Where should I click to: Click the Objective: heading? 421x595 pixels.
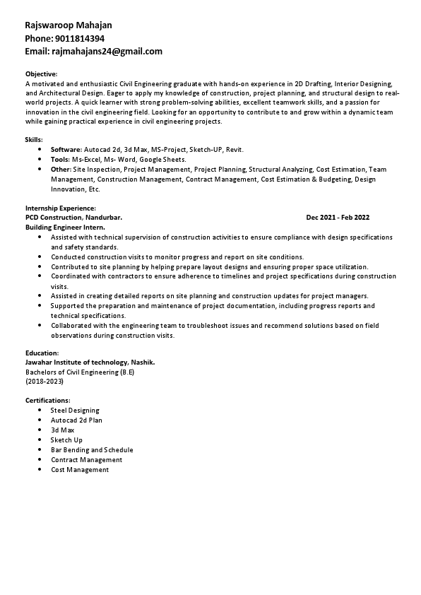41,73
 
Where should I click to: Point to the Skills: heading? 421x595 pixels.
34,140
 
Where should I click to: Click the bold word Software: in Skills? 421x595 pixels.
66,150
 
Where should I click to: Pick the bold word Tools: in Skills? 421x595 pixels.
60,160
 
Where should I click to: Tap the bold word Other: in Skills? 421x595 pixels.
61,170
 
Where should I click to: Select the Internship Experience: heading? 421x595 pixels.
60,208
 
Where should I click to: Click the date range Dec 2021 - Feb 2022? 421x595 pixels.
338,218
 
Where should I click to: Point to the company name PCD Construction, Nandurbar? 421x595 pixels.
73,218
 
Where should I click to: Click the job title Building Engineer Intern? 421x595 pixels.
65,228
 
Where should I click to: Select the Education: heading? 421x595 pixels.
42,352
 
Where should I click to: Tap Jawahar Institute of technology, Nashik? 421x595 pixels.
90,362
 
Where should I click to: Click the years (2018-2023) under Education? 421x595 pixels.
44,382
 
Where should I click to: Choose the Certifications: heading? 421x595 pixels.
47,400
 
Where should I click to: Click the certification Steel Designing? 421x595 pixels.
75,410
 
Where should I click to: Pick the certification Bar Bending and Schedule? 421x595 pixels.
92,449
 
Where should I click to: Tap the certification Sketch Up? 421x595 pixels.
66,440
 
